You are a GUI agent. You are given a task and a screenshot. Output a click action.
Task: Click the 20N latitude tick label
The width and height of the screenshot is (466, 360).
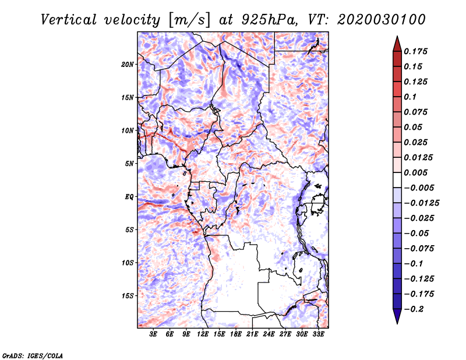coord(128,64)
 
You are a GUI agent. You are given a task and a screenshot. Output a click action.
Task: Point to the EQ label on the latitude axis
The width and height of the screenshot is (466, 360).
coord(129,197)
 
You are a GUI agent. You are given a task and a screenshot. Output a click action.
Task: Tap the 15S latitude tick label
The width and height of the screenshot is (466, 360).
coord(128,296)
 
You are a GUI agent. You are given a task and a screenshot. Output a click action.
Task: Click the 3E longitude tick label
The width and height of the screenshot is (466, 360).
coord(154,334)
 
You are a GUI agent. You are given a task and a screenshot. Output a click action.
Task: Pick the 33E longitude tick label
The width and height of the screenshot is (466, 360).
coord(318,334)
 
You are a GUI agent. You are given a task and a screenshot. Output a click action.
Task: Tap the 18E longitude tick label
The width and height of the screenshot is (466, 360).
coord(236,334)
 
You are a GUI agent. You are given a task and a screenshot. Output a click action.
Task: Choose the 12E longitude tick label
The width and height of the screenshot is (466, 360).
coord(203,334)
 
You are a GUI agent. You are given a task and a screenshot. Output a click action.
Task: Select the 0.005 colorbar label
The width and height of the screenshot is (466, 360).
coord(416,172)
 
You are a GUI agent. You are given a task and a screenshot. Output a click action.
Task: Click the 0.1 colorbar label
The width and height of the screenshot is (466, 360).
coord(411,97)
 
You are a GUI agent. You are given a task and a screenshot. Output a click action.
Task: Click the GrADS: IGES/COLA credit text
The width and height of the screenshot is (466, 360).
coord(32,355)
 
